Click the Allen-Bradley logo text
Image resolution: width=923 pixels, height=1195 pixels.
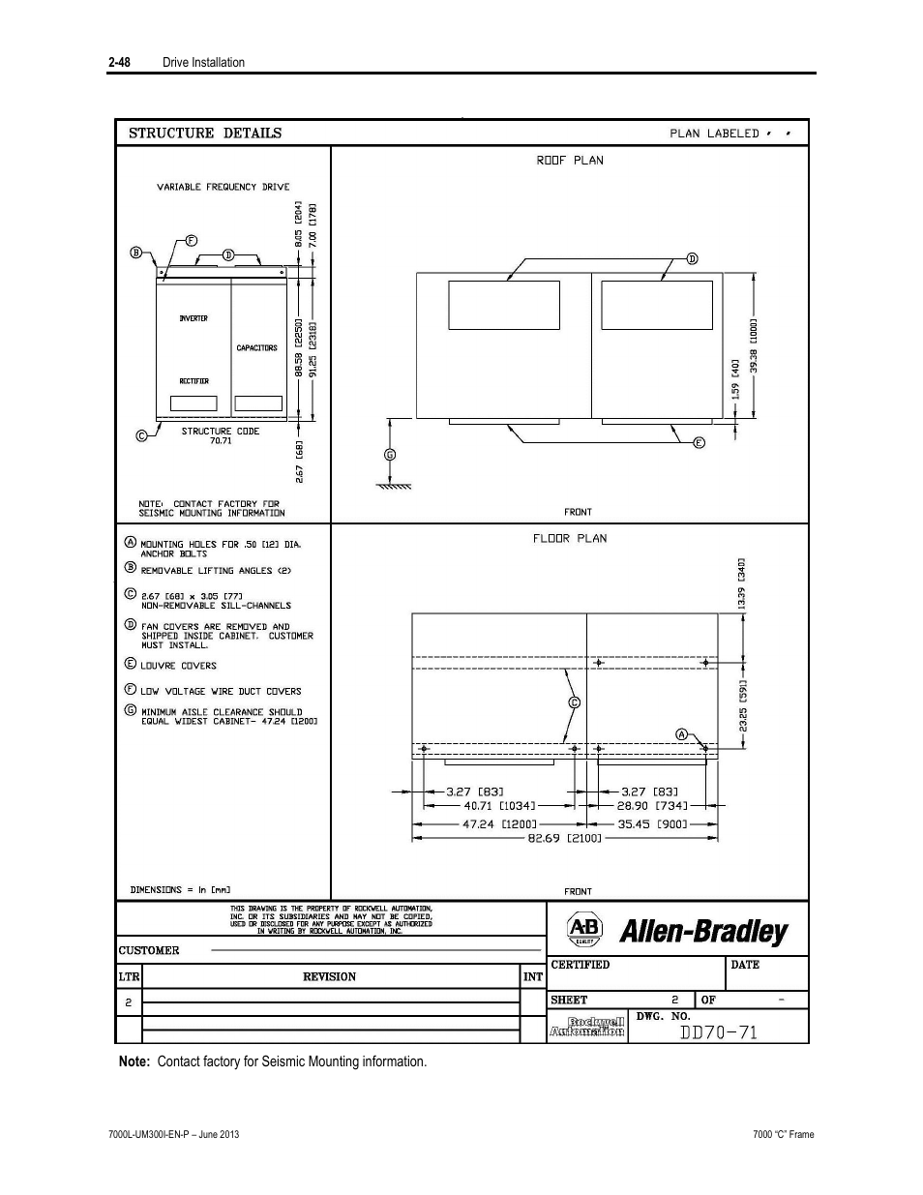(x=703, y=932)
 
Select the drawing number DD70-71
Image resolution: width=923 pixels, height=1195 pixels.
(x=718, y=1032)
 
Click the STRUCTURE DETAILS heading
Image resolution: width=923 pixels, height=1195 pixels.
(x=205, y=134)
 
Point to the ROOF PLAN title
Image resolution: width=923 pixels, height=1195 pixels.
(x=570, y=161)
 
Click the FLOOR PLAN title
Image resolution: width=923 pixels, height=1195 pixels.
(x=570, y=538)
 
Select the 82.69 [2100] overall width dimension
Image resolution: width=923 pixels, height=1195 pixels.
(x=566, y=838)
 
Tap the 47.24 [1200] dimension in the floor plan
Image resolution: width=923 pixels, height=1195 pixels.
(x=491, y=824)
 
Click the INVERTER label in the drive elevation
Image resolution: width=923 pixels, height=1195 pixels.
(x=194, y=318)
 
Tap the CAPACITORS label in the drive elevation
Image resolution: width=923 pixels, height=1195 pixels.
(x=257, y=347)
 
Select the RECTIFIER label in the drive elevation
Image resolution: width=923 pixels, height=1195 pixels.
(x=194, y=381)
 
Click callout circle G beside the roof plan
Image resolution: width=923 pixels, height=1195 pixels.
(x=390, y=454)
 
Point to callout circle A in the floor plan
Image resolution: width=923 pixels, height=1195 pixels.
(x=681, y=734)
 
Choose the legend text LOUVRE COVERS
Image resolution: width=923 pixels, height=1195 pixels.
(x=179, y=666)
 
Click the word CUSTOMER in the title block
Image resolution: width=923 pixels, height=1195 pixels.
(x=149, y=950)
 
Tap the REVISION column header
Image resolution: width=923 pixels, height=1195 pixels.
(x=329, y=976)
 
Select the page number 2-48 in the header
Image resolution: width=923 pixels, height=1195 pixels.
(x=120, y=62)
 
